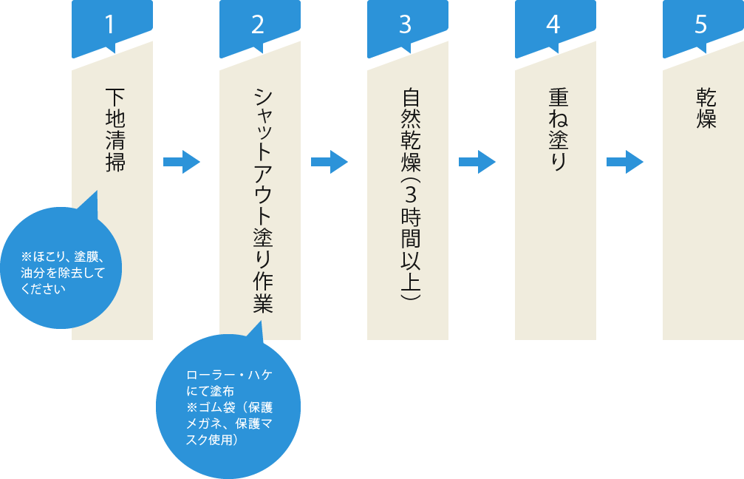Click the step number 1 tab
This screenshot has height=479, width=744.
click(112, 24)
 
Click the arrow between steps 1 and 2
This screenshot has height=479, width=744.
click(182, 162)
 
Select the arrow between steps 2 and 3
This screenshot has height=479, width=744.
click(330, 162)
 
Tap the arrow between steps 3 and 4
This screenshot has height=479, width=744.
click(477, 162)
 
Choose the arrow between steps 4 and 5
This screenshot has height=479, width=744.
click(625, 162)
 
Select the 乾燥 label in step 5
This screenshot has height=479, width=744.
click(706, 108)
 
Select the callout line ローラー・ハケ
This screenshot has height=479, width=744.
click(230, 376)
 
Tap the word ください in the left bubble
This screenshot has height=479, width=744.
click(44, 289)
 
